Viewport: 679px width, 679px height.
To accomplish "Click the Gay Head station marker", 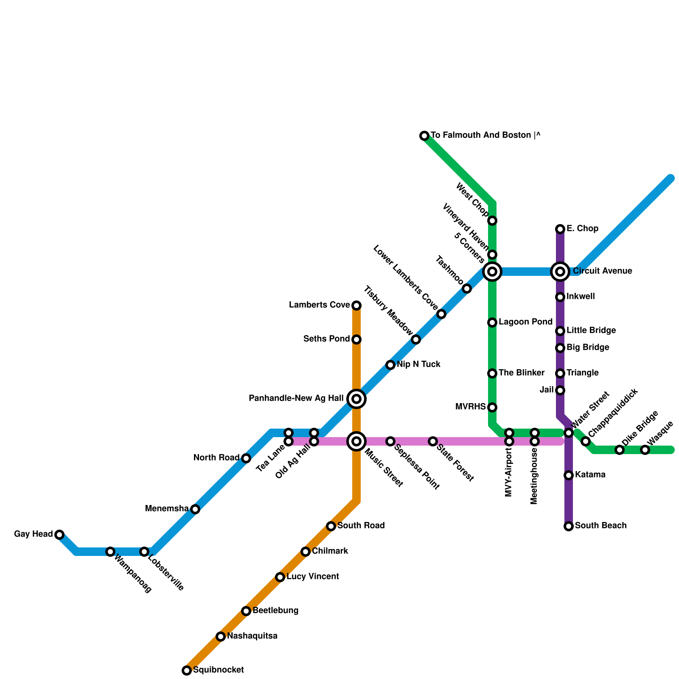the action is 59,534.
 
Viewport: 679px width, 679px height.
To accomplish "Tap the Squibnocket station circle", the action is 187,670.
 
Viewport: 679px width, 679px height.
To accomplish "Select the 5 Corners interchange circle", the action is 492,271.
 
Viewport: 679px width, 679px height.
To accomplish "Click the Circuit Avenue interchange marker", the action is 560,271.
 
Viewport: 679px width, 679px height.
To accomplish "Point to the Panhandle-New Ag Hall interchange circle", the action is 356,398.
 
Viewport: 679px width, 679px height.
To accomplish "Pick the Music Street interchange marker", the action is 356,441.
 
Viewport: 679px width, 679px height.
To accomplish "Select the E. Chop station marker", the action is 560,229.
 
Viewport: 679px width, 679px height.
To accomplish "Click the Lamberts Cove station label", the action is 319,305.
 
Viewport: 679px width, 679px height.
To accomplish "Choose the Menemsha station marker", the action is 195,509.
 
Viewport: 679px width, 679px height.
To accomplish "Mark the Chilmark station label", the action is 330,551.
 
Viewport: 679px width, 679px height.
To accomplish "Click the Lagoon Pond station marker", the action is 492,323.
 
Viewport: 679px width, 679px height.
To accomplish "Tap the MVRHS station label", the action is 470,407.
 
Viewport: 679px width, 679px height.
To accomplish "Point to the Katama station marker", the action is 569,475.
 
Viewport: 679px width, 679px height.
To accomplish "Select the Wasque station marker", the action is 645,450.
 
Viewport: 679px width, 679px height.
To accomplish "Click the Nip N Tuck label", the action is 418,365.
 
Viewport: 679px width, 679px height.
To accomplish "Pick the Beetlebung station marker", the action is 246,611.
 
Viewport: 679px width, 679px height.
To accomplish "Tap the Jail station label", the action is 547,390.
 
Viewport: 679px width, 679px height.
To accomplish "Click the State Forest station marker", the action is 432,441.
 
